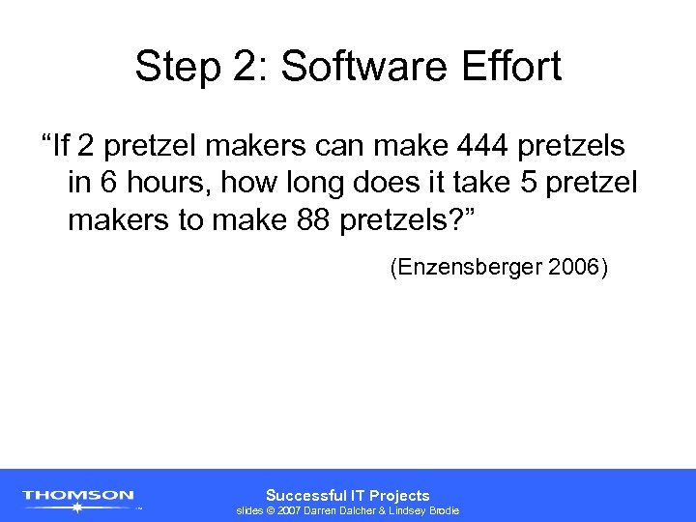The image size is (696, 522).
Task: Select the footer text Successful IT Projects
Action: pos(348,495)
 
